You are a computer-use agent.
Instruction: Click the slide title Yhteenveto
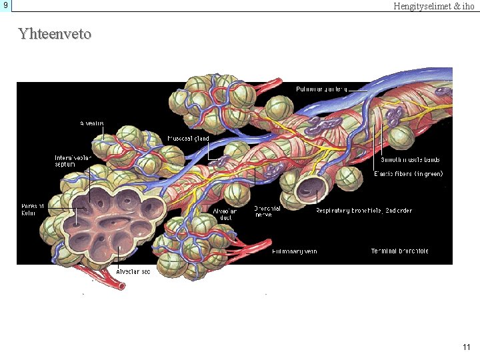click(x=55, y=33)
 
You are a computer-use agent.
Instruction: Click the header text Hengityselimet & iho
click(x=434, y=6)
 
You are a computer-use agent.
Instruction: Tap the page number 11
click(x=466, y=347)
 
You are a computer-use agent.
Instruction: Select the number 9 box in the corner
click(x=5, y=5)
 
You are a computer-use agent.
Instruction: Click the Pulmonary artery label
click(x=322, y=89)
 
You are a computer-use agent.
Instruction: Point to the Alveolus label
click(x=91, y=123)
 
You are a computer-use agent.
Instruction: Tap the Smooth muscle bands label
click(x=410, y=160)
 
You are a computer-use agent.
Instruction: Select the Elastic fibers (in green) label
click(x=408, y=174)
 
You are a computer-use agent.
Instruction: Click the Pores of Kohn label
click(x=33, y=209)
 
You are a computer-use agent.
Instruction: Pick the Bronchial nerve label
click(x=266, y=211)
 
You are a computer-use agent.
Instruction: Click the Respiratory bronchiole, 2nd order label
click(x=363, y=211)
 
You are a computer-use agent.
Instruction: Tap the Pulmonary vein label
click(x=294, y=251)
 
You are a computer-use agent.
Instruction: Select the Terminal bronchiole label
click(x=399, y=251)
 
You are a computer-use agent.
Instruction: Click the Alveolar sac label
click(x=133, y=271)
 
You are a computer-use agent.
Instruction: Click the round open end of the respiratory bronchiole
click(x=311, y=189)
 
